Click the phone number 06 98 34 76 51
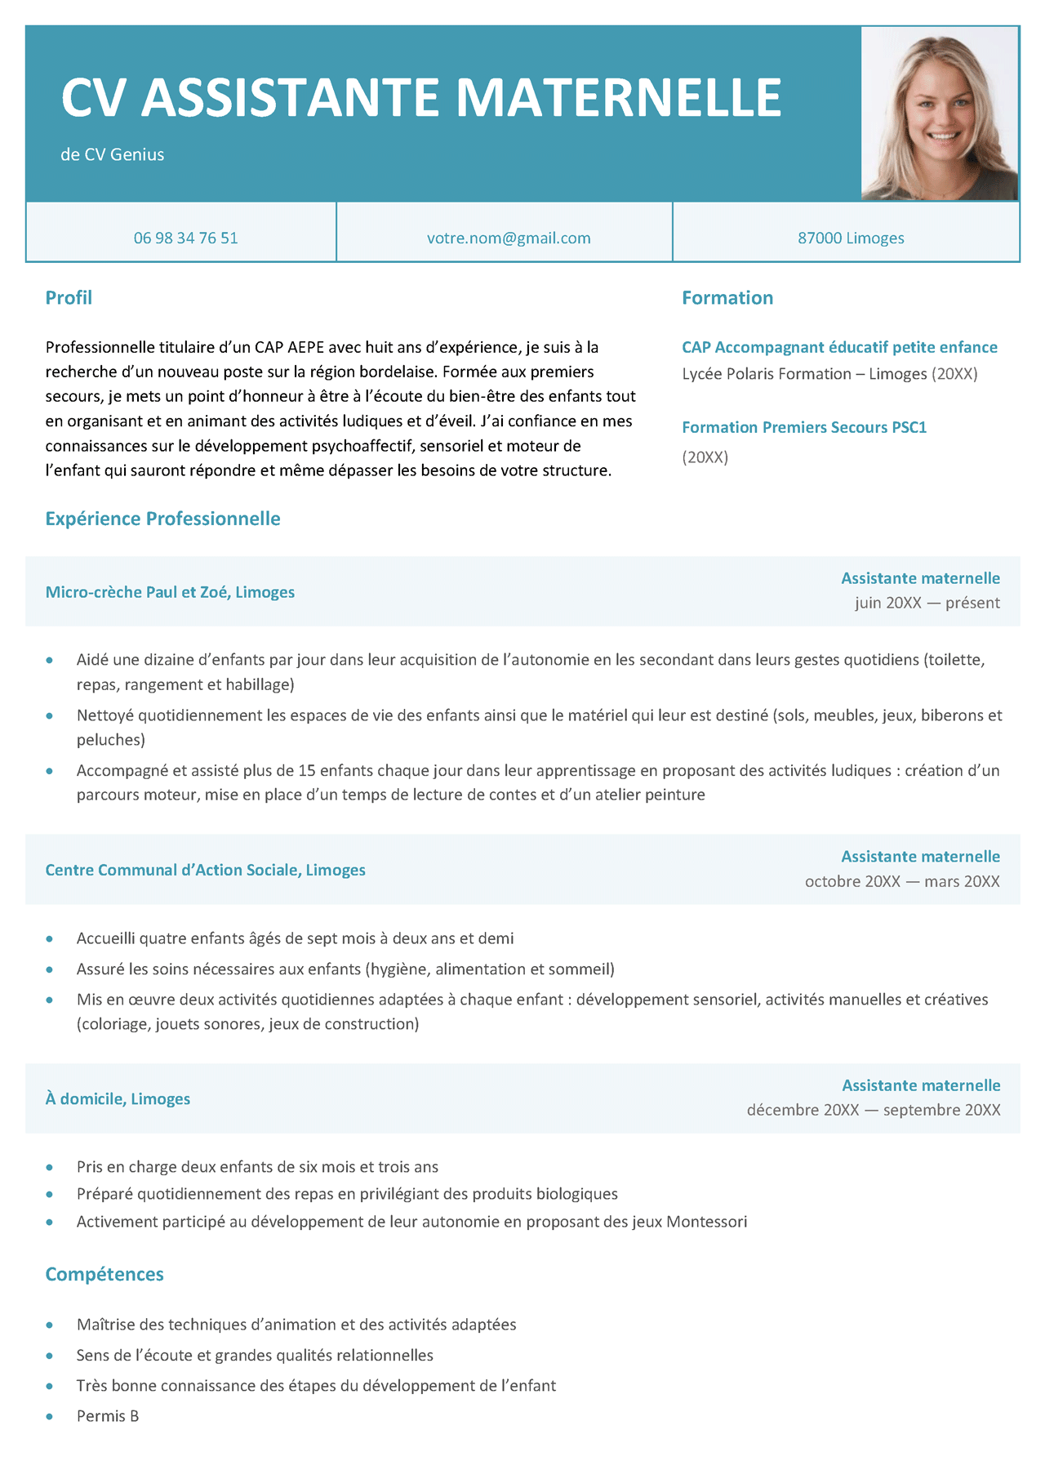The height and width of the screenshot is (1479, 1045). pyautogui.click(x=185, y=238)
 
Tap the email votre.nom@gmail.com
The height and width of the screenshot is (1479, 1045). pyautogui.click(x=509, y=238)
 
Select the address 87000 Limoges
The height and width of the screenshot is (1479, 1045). pyautogui.click(x=851, y=238)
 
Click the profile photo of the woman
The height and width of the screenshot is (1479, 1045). pyautogui.click(x=940, y=114)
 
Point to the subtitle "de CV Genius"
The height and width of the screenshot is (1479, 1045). pyautogui.click(x=113, y=154)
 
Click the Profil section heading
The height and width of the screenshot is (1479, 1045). pyautogui.click(x=69, y=298)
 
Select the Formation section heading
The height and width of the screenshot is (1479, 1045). pyautogui.click(x=727, y=298)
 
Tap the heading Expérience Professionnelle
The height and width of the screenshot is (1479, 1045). pyautogui.click(x=162, y=519)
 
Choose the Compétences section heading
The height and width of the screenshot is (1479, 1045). pyautogui.click(x=104, y=1274)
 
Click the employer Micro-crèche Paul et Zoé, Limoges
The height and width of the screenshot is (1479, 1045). pyautogui.click(x=170, y=592)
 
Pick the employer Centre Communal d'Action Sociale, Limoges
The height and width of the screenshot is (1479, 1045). pyautogui.click(x=205, y=870)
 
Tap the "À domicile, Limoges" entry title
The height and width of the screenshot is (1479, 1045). pyautogui.click(x=118, y=1098)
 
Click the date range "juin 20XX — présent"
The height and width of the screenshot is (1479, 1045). pyautogui.click(x=927, y=603)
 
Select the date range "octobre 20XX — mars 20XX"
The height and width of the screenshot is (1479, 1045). pyautogui.click(x=902, y=881)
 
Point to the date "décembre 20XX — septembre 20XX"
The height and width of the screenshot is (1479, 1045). pyautogui.click(x=874, y=1110)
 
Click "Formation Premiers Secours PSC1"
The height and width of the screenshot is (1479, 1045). pyautogui.click(x=804, y=427)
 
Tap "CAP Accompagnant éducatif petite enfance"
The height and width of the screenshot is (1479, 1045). pyautogui.click(x=839, y=347)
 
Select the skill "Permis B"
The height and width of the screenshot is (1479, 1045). pyautogui.click(x=108, y=1416)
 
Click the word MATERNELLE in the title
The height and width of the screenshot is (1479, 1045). pyautogui.click(x=619, y=98)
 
